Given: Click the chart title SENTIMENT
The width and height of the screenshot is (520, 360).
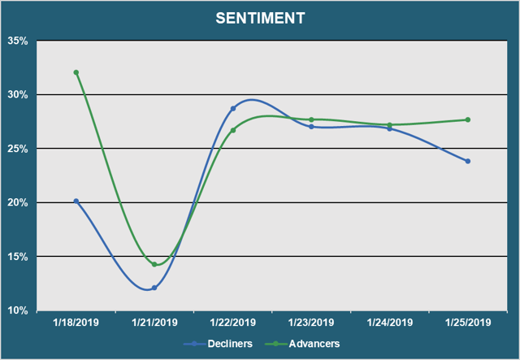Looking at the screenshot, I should click(x=260, y=18).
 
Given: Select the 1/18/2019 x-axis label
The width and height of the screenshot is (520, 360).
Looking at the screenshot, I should click(x=76, y=323).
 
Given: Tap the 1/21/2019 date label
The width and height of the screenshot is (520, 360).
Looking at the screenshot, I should click(x=154, y=323).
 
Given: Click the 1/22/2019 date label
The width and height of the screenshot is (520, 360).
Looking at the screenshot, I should click(x=232, y=323).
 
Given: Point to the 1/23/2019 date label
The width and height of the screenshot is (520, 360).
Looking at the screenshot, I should click(x=311, y=323).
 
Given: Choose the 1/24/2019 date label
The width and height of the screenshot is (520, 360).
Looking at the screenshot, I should click(x=390, y=323).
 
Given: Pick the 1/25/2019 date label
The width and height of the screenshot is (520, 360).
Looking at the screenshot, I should click(x=468, y=323).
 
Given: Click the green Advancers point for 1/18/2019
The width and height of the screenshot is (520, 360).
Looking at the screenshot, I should click(x=76, y=72).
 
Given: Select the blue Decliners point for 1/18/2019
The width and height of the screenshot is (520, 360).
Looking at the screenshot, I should click(x=76, y=201).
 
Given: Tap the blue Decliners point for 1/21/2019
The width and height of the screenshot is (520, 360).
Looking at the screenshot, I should click(x=154, y=288).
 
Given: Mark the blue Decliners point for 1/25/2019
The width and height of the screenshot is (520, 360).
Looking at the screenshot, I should click(x=468, y=161).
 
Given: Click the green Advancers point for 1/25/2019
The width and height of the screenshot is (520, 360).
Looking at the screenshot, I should click(x=468, y=119).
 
